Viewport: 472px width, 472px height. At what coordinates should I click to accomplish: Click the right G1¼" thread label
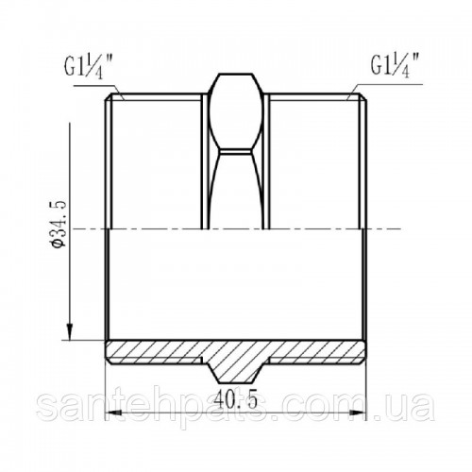[x=395, y=66]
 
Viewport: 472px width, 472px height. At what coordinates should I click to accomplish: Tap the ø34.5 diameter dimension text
[x=59, y=224]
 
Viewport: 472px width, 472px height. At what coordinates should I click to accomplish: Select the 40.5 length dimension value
[x=236, y=397]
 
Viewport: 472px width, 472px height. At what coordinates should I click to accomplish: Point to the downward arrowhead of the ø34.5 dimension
[x=70, y=331]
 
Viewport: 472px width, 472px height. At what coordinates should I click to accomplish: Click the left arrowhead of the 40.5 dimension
[x=113, y=413]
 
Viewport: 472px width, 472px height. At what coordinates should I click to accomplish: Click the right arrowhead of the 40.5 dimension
[x=359, y=413]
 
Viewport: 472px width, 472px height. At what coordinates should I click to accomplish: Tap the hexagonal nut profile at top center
[x=236, y=111]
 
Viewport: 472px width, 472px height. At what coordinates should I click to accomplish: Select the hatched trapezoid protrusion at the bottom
[x=236, y=370]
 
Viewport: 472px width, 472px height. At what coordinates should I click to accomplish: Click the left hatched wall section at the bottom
[x=153, y=351]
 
